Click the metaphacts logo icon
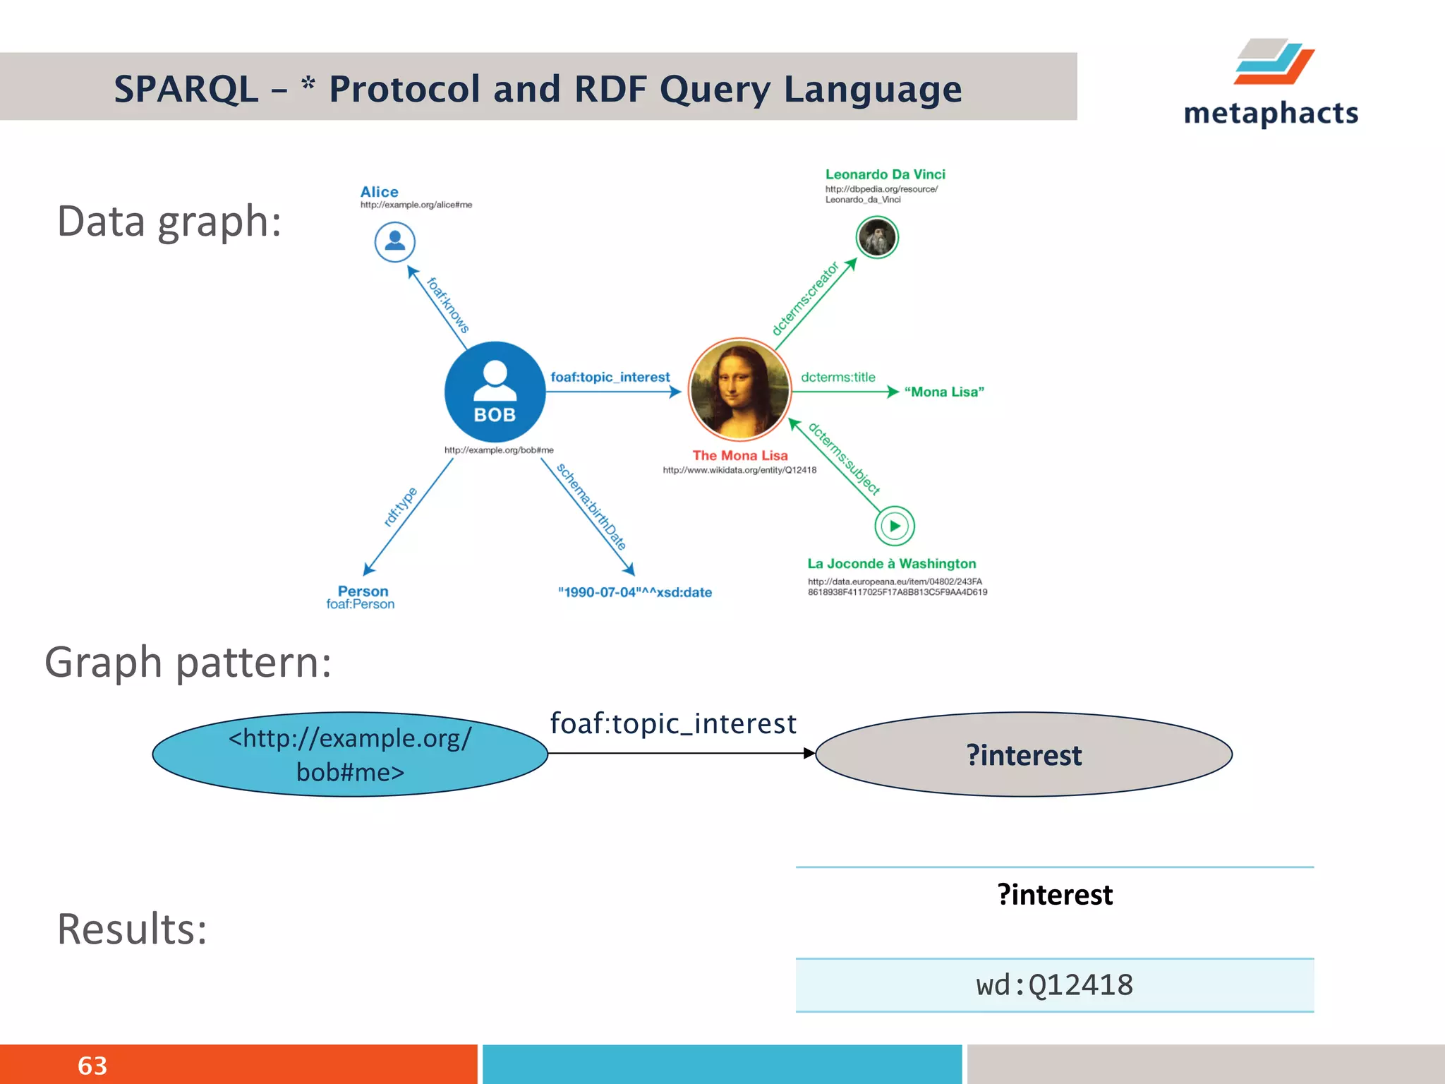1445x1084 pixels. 1274,62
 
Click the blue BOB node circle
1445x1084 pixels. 495,392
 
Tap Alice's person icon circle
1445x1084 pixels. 394,242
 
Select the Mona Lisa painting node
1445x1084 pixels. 739,389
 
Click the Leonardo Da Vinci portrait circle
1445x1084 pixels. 876,238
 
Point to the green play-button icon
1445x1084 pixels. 895,526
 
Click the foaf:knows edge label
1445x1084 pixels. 448,305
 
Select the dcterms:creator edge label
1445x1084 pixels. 805,298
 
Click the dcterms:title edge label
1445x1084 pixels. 838,378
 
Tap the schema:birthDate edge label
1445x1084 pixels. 591,506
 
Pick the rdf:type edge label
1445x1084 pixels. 400,507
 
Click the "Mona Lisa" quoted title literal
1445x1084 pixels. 944,392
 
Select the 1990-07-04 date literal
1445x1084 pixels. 634,593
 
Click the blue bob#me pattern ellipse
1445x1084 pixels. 350,754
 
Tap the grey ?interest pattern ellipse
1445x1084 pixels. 1023,755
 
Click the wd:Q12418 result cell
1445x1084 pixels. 1054,985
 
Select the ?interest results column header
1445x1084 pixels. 1054,895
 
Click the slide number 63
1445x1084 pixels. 92,1066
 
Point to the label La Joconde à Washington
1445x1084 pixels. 891,564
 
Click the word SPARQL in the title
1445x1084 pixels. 186,90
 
